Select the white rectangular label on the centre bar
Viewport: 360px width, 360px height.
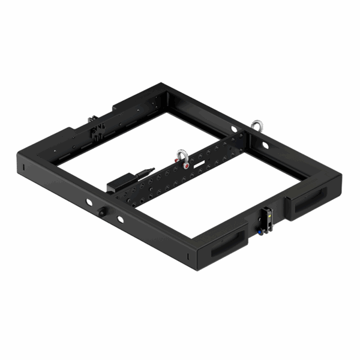coord(199,163)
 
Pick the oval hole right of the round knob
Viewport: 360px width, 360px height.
coord(122,218)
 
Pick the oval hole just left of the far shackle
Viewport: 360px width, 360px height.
coord(233,130)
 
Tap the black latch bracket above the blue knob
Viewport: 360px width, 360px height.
coord(268,215)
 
